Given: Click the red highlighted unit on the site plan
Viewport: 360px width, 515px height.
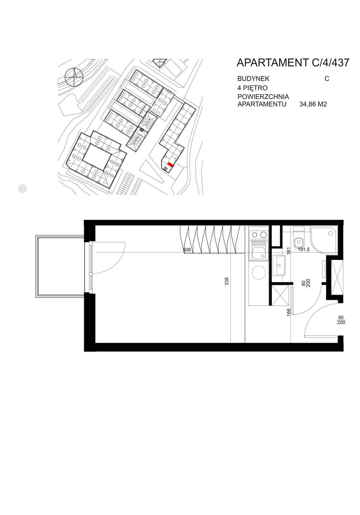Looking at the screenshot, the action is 170,164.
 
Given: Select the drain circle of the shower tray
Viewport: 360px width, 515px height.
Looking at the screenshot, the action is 331,233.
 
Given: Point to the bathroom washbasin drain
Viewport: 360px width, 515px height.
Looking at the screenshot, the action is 279,265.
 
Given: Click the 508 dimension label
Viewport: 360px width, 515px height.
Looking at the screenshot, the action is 186,249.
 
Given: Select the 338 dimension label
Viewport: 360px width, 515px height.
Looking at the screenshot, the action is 227,281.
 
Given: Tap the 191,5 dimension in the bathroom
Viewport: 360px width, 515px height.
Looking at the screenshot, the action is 303,250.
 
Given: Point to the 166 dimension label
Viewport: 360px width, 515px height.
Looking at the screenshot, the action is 289,313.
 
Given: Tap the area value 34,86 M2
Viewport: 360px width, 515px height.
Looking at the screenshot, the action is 313,104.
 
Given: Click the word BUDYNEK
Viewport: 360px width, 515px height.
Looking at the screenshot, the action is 253,78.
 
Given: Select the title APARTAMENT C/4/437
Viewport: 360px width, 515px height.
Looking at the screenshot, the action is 293,62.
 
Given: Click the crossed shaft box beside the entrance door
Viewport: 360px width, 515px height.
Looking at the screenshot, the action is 337,278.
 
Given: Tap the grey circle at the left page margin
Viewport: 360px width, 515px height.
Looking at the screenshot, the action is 22,189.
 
